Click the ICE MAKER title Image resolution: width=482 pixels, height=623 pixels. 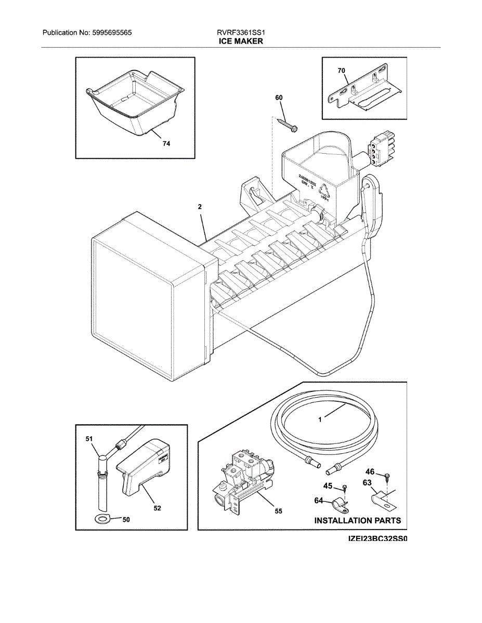[241, 41]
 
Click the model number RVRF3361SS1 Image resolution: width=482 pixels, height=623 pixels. [241, 33]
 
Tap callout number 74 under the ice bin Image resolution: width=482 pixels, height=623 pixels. [166, 144]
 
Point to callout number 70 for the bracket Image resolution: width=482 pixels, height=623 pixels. [341, 70]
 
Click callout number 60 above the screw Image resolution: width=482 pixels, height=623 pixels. [279, 98]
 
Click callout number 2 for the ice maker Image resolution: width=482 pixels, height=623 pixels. [200, 207]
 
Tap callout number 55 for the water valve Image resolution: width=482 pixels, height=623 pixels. [278, 511]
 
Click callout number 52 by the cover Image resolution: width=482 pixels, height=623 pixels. [157, 509]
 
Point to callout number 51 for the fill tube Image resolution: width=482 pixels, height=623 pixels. [89, 439]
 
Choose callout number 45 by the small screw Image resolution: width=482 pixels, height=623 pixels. [328, 486]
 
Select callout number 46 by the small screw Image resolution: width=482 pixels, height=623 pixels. [370, 472]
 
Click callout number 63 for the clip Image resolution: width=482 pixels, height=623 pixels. [367, 484]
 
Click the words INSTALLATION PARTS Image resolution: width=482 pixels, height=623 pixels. [357, 520]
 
